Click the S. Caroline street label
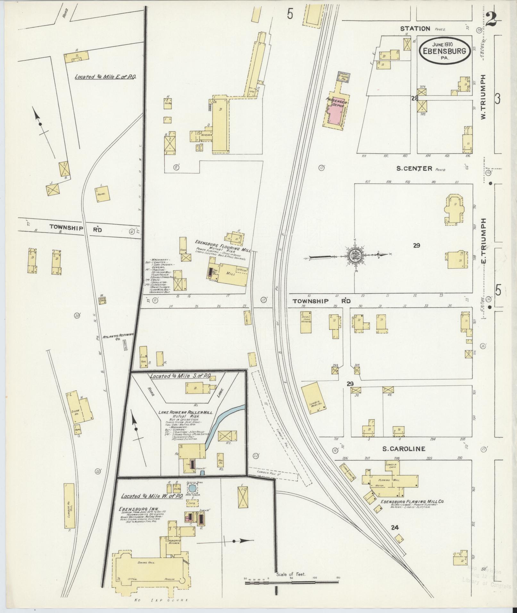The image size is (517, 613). pos(404,449)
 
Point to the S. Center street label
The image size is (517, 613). pos(414,168)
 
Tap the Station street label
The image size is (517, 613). pos(415,29)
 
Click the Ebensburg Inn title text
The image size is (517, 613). pos(133,509)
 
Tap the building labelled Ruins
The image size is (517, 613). pos(103,194)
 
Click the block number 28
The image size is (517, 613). pos(415,98)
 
